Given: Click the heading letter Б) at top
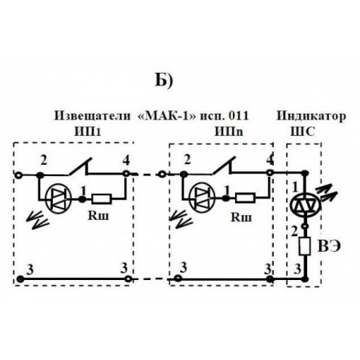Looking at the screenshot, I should pos(162,81).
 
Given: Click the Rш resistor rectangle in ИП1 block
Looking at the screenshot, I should pos(103,196).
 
